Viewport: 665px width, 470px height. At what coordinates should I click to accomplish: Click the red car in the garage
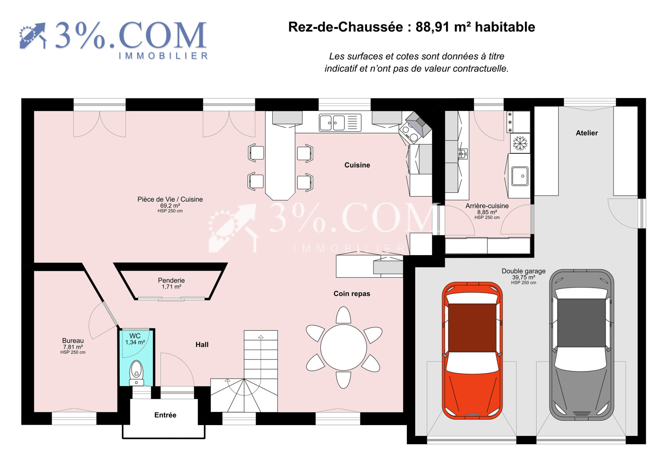472,350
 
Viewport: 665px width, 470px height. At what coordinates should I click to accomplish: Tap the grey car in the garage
581,345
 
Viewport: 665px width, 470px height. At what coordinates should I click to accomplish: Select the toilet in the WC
137,373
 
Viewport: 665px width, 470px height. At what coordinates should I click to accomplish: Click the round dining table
343,347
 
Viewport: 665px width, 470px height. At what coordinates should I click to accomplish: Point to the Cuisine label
357,165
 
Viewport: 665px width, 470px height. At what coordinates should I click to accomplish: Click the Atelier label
586,133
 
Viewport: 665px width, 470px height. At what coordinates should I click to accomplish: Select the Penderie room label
171,280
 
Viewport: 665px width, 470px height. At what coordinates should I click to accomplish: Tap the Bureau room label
73,340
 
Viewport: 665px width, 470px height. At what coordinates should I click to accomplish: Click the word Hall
202,345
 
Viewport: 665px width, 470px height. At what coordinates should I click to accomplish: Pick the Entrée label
165,415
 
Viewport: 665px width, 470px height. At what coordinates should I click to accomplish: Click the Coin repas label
352,294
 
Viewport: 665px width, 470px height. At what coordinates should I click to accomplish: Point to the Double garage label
523,271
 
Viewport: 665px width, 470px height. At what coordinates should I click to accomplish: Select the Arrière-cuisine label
487,206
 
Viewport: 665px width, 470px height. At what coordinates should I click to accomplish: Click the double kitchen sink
332,123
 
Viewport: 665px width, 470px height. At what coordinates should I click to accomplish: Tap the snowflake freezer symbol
520,143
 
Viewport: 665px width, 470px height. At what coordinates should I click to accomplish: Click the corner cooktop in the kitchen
410,133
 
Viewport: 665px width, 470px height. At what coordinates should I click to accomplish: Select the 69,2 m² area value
170,206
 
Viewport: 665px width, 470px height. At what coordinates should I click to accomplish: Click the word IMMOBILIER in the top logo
163,56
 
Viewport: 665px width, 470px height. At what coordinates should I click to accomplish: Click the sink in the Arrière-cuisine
520,176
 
